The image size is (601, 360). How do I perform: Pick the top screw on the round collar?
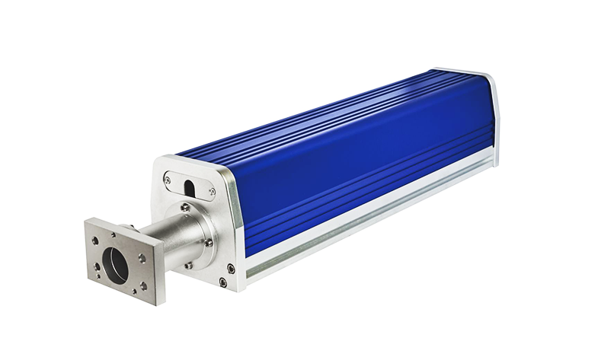tap(185, 207)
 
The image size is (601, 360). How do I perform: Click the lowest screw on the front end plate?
tap(222, 282)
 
